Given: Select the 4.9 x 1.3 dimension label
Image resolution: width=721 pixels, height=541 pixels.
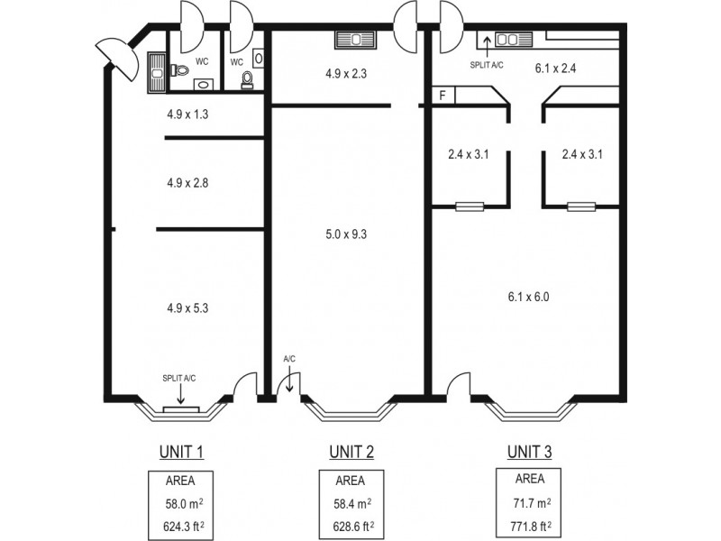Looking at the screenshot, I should pyautogui.click(x=187, y=115).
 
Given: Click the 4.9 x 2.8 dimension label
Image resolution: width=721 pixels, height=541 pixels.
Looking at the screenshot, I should pyautogui.click(x=187, y=182).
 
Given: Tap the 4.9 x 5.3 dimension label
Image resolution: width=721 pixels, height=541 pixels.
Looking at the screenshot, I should pyautogui.click(x=187, y=307).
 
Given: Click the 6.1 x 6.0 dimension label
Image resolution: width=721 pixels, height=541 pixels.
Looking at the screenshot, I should pyautogui.click(x=528, y=297).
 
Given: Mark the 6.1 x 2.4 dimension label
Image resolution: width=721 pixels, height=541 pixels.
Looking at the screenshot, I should pyautogui.click(x=556, y=67).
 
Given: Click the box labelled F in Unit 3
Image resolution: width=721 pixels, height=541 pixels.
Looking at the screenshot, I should pyautogui.click(x=443, y=95).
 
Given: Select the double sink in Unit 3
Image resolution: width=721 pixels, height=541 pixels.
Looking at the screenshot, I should pyautogui.click(x=506, y=40).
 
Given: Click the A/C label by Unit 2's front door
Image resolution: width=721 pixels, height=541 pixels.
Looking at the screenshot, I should pyautogui.click(x=289, y=359).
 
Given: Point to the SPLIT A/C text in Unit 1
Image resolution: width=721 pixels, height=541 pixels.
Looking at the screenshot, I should pyautogui.click(x=181, y=378).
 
